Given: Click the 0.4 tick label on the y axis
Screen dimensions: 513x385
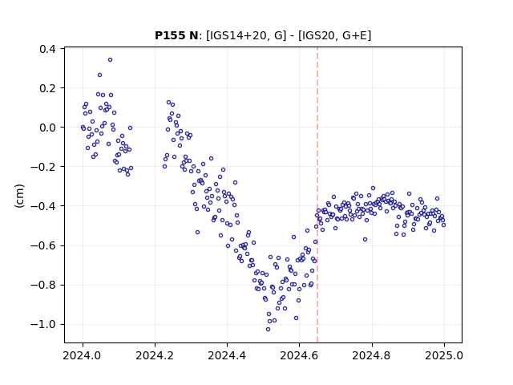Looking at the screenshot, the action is tap(47, 49).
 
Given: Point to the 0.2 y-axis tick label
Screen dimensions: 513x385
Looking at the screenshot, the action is tap(47, 88).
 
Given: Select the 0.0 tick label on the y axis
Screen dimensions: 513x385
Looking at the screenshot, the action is tap(47, 128).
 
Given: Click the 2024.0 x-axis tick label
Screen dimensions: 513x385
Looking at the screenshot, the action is tap(83, 355).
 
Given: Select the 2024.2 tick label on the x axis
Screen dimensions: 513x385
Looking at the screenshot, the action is tap(155, 355).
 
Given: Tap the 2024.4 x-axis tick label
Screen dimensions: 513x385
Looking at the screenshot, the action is tap(227, 355).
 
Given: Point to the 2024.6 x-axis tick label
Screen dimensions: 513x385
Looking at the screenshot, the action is tap(299, 355).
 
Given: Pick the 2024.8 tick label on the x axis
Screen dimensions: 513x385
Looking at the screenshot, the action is tap(372, 355).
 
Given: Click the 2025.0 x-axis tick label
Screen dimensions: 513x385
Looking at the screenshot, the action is tap(444, 355).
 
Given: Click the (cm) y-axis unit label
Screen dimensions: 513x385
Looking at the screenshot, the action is tap(19, 196).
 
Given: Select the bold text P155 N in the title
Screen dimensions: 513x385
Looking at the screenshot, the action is tap(176, 35).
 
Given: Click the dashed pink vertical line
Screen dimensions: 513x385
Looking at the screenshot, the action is tap(317, 195).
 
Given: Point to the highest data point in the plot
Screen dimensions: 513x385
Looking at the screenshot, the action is tap(111, 60).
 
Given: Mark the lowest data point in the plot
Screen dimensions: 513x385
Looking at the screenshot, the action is tap(268, 330).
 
